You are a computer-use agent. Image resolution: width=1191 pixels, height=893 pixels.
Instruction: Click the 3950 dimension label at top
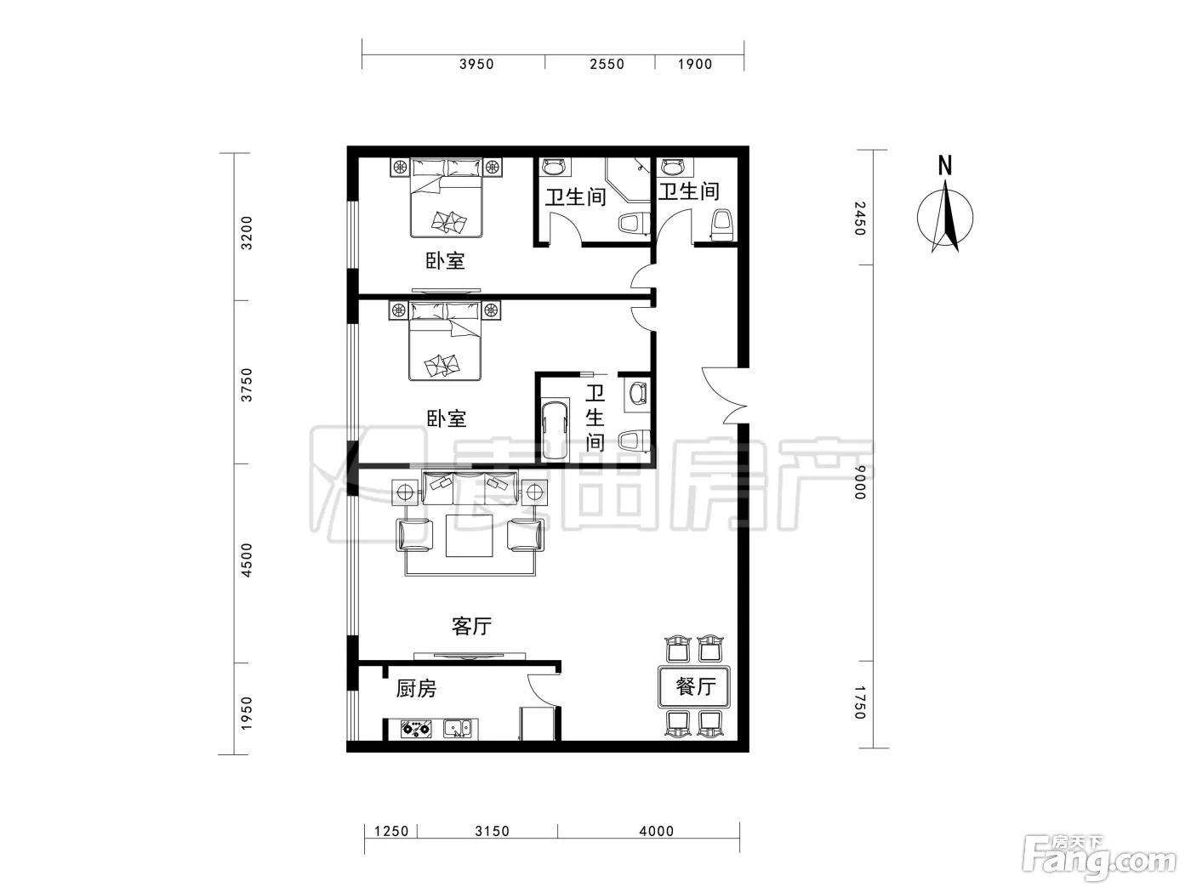point(476,64)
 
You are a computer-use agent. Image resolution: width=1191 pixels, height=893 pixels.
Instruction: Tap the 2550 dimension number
point(607,64)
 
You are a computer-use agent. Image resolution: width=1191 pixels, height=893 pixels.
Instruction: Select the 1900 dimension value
point(694,64)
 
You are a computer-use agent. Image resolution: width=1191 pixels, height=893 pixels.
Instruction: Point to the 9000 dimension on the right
point(860,481)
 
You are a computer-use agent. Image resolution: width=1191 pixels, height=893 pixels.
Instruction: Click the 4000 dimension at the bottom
point(657,831)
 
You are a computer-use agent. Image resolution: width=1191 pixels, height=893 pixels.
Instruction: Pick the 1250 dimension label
point(391,831)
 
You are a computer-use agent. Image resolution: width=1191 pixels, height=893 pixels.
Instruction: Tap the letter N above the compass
point(945,165)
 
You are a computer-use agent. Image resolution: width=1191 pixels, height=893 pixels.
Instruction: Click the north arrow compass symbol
point(945,217)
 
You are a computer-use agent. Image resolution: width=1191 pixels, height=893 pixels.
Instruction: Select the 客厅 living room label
point(471,626)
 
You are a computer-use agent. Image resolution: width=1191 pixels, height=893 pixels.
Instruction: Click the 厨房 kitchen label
point(416,689)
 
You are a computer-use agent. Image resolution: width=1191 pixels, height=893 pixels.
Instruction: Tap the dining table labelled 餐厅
point(694,687)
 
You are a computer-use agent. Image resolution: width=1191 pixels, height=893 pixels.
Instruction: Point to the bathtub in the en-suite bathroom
point(555,429)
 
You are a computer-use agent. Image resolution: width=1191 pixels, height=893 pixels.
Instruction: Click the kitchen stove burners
point(416,729)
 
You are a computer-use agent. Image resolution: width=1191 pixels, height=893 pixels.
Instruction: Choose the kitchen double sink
point(461,728)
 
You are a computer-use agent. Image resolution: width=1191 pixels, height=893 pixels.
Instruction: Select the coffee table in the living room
point(470,536)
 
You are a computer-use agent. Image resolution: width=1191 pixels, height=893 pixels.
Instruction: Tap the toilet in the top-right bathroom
point(723,224)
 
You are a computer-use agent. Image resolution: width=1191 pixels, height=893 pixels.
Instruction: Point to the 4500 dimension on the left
point(247,560)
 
